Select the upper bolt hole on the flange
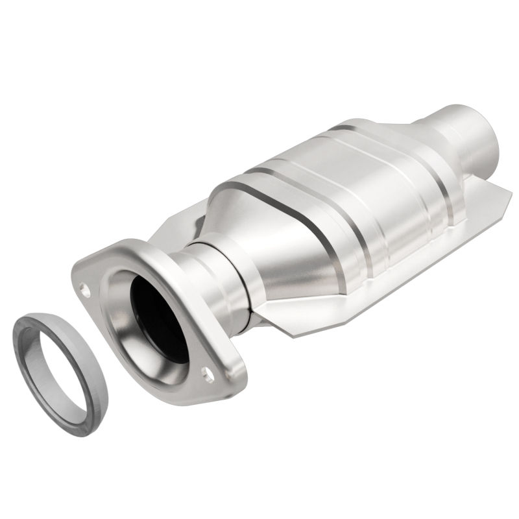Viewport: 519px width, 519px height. (86, 286)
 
